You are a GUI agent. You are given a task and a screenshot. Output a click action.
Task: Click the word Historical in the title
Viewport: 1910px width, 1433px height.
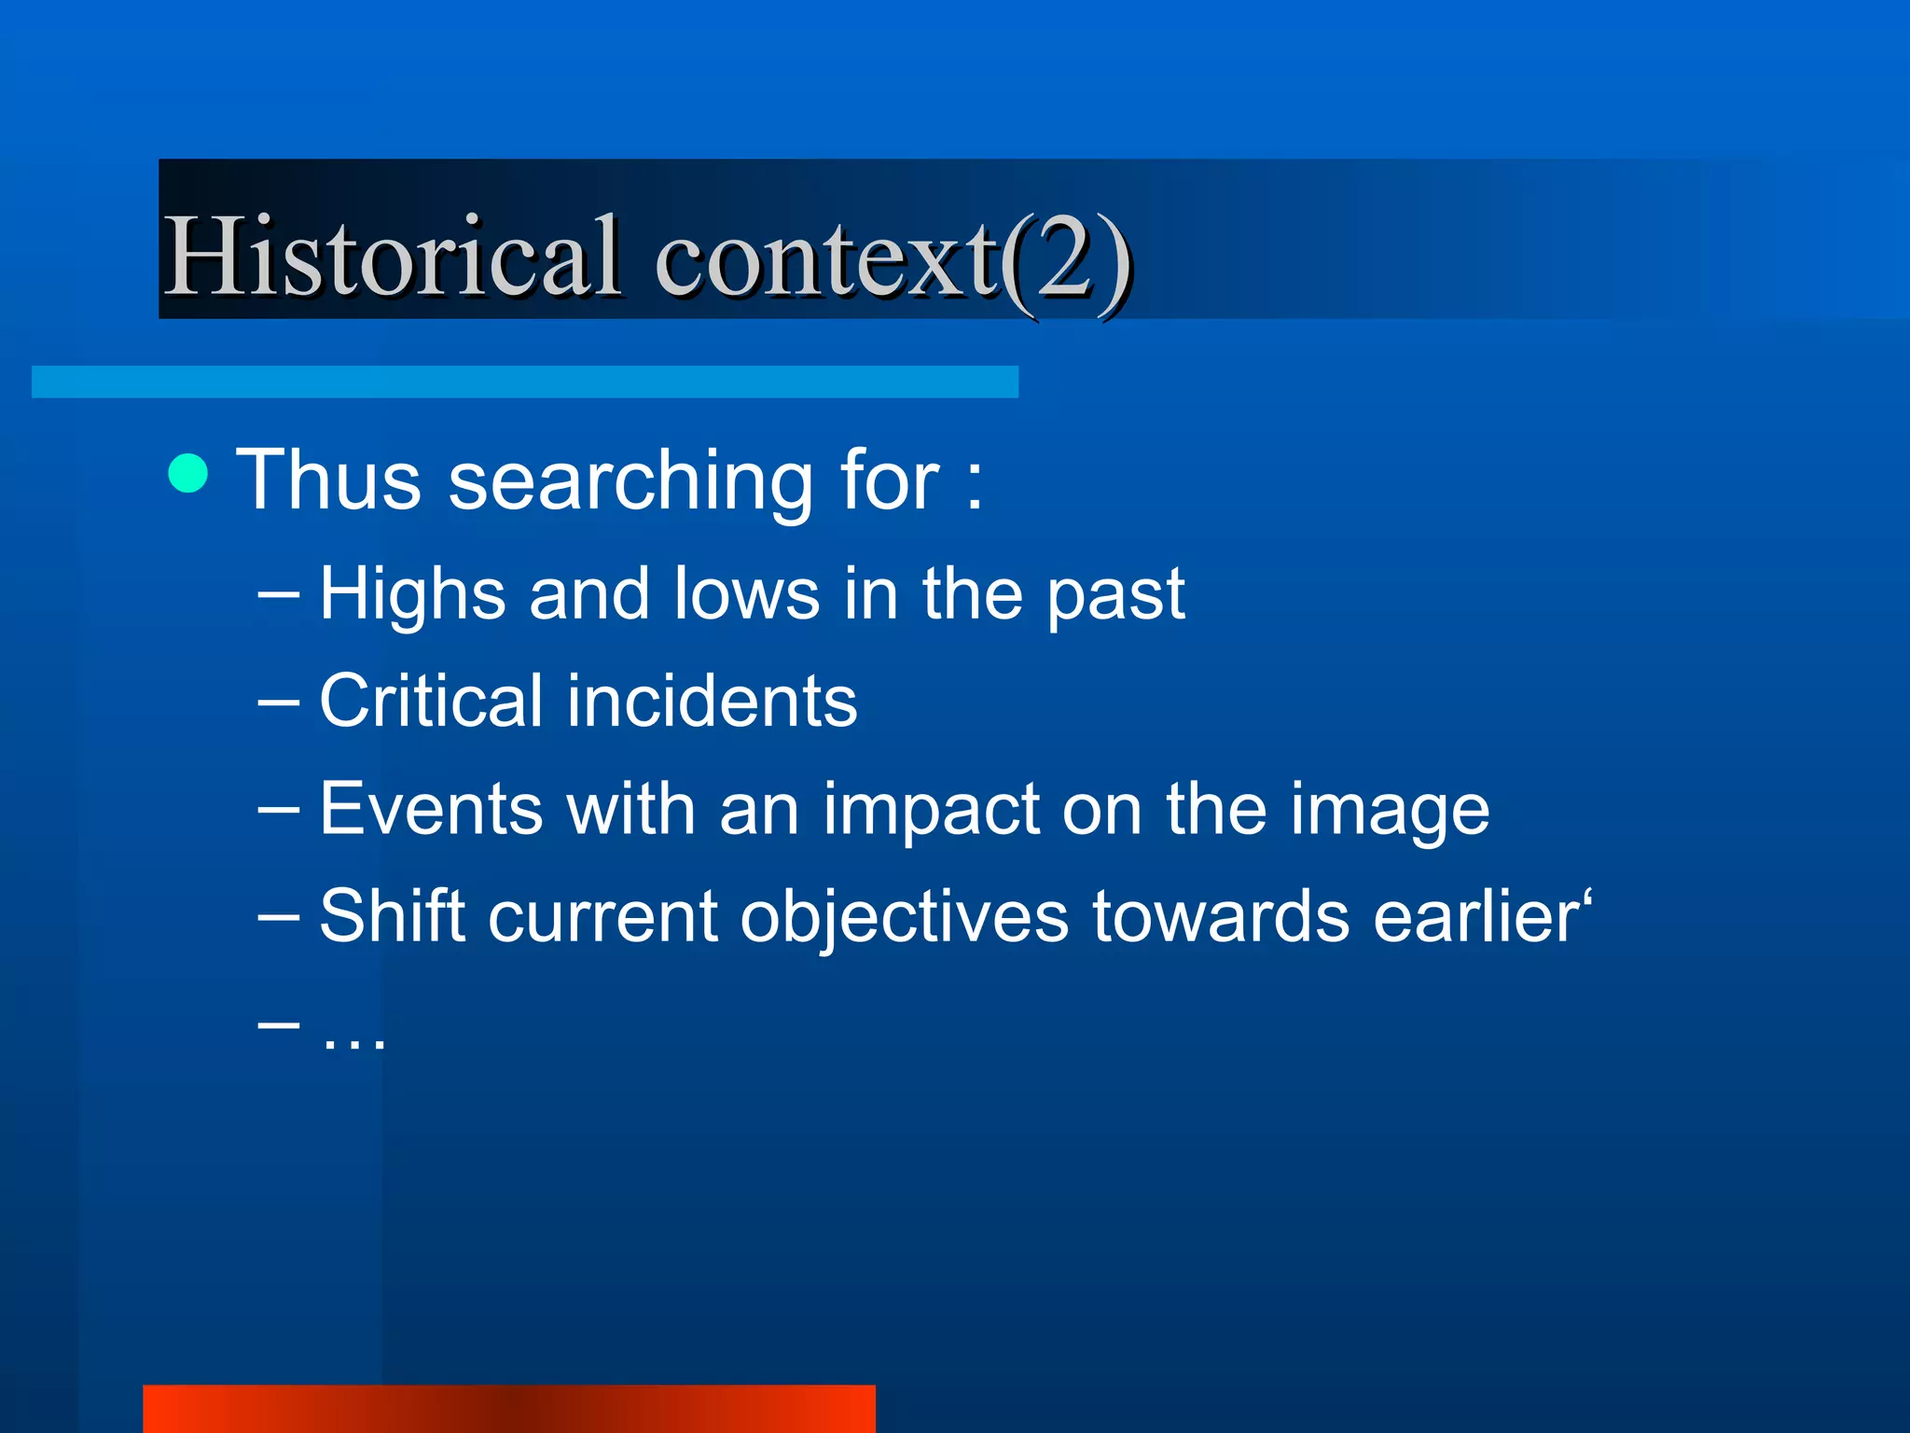(392, 257)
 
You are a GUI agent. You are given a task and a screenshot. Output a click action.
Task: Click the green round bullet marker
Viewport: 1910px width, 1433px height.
(188, 474)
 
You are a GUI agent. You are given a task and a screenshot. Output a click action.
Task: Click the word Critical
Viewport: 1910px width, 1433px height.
(430, 702)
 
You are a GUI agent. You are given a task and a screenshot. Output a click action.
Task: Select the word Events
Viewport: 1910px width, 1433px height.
(431, 809)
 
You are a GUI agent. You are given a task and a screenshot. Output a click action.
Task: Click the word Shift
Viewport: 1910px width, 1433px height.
(392, 916)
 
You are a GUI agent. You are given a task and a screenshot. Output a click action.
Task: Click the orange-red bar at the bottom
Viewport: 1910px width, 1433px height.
(508, 1409)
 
